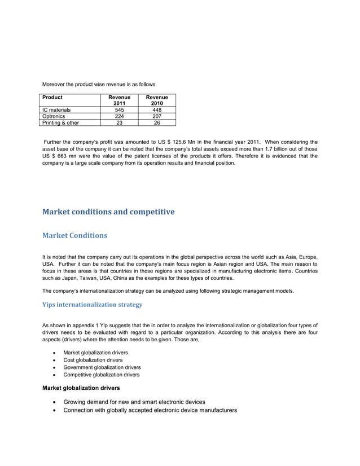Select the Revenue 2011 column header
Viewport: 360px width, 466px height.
click(119, 100)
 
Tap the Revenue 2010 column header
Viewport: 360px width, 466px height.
click(156, 100)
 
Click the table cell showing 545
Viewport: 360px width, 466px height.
click(119, 110)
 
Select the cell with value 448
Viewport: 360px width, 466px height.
click(156, 110)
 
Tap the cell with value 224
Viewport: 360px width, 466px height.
click(119, 116)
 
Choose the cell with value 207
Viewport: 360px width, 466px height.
click(156, 116)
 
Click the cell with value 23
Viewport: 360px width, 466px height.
click(119, 122)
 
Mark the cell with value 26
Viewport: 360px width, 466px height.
click(156, 122)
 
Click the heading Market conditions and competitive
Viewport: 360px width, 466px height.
click(108, 212)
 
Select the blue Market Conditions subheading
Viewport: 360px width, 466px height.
click(75, 235)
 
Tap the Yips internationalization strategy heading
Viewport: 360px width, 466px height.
click(93, 305)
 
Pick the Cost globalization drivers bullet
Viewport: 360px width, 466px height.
click(93, 359)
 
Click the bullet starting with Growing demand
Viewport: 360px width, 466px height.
click(134, 402)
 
